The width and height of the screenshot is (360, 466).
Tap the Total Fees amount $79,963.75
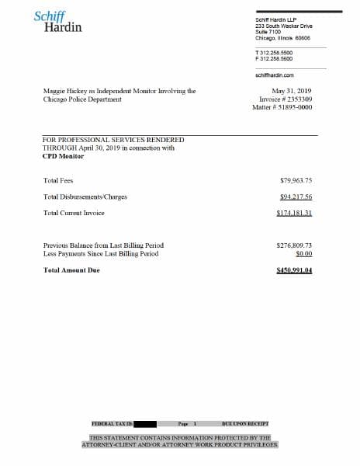[x=296, y=180]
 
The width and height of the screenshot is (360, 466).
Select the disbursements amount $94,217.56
[x=296, y=196]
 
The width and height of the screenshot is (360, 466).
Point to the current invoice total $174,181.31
[x=294, y=212]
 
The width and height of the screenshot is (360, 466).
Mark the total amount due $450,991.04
[x=294, y=270]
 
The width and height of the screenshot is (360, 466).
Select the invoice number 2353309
[x=297, y=99]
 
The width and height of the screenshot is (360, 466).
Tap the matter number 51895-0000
[x=295, y=107]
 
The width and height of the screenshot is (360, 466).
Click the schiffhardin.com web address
[x=274, y=75]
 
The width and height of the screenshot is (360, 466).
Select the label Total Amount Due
[x=71, y=270]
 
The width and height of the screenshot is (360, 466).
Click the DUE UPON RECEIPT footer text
[x=244, y=424]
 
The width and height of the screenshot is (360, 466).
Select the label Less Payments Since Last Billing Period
[x=101, y=253]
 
